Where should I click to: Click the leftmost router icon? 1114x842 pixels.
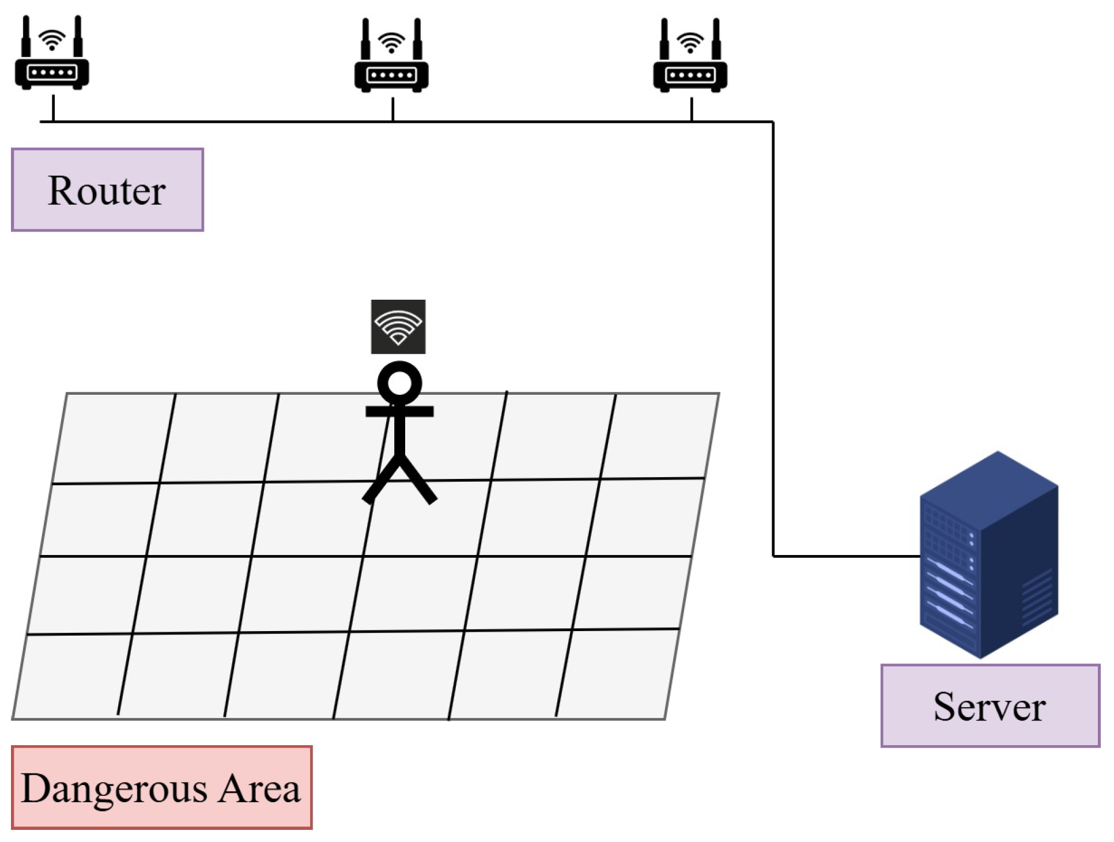[x=52, y=55]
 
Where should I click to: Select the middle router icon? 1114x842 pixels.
[x=391, y=58]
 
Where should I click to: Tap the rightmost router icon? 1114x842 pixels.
[x=690, y=58]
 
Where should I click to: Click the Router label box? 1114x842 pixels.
[x=107, y=190]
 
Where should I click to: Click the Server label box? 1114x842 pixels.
[x=990, y=705]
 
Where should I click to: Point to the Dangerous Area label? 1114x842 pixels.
[x=161, y=787]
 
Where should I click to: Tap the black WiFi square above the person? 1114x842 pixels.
[x=398, y=326]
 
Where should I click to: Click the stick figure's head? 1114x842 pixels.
[x=399, y=383]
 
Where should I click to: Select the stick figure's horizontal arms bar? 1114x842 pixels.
[x=399, y=411]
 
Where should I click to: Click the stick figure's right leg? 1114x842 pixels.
[x=420, y=481]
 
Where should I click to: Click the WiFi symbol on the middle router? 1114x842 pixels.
[x=391, y=42]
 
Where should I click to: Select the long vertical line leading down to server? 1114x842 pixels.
[x=773, y=340]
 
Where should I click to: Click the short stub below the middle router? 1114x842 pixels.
[x=392, y=109]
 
